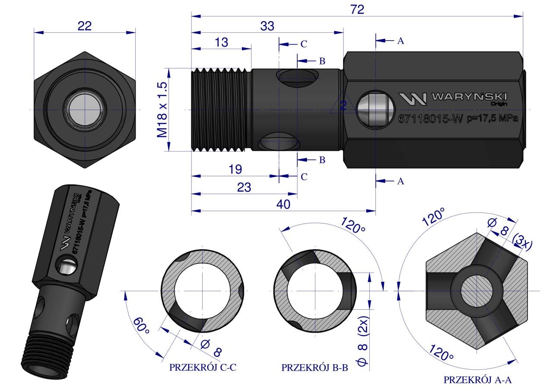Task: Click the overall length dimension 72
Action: [357, 10]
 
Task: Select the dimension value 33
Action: [267, 26]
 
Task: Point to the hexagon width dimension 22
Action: [85, 26]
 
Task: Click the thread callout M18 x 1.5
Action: [162, 110]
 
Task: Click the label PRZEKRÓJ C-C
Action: [203, 368]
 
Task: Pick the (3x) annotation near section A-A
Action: [522, 243]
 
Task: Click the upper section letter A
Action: [400, 41]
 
